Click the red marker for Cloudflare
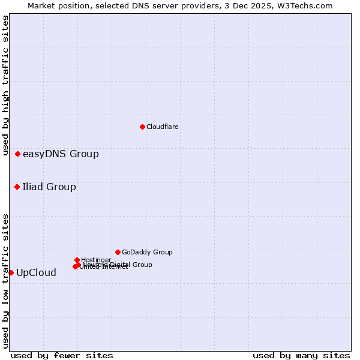[142, 127]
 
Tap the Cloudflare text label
[163, 127]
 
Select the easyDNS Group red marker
[18, 154]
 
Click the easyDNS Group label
[61, 154]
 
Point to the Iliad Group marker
[17, 187]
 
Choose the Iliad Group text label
[49, 187]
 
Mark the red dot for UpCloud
[11, 273]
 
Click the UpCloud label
[36, 273]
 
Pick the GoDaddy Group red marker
[118, 253]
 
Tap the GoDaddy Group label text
[147, 253]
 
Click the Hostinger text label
[96, 260]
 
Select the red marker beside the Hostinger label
[77, 260]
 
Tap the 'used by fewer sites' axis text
[62, 356]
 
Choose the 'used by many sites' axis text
[301, 356]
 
